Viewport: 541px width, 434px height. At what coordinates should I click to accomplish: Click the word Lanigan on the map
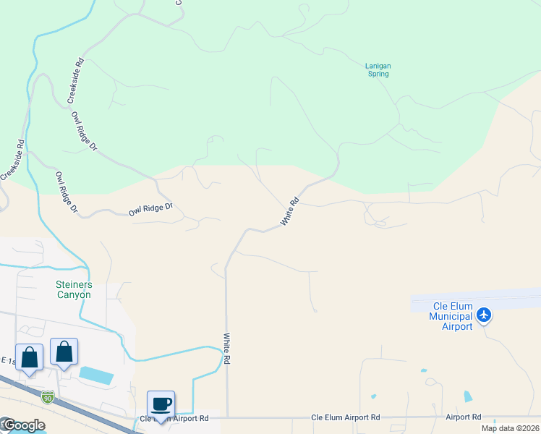[x=378, y=66]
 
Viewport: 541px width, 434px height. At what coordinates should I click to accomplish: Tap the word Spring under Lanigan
[x=378, y=74]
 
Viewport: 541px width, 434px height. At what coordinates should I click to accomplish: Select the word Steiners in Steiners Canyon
[x=74, y=284]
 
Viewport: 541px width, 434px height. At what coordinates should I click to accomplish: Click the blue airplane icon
[x=484, y=315]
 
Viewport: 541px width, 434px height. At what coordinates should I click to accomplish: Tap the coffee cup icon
[x=161, y=404]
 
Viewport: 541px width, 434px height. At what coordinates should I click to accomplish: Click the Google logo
[x=23, y=425]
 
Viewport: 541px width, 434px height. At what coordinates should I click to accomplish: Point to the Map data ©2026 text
[x=510, y=427]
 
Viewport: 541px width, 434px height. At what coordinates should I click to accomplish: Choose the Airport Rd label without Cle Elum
[x=464, y=417]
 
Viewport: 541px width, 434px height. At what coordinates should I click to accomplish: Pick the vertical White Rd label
[x=227, y=348]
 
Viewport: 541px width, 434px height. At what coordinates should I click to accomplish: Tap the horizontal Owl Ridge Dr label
[x=151, y=210]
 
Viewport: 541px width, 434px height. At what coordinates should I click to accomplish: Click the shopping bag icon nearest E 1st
[x=29, y=357]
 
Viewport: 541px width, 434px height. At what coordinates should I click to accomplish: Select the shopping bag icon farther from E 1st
[x=64, y=352]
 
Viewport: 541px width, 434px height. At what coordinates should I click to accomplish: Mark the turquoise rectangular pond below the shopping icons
[x=95, y=375]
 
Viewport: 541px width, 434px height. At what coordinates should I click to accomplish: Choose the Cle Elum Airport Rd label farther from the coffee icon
[x=345, y=417]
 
